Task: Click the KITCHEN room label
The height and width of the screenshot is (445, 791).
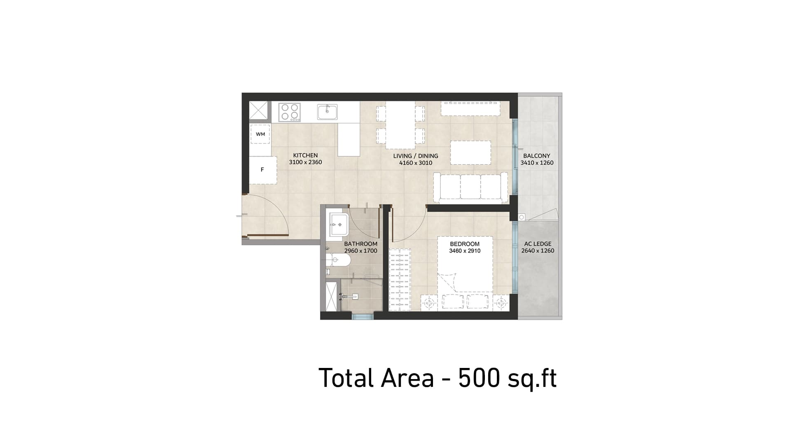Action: pos(305,155)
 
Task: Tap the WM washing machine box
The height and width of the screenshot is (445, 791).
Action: pos(260,134)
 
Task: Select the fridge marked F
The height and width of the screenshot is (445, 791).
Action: pos(262,169)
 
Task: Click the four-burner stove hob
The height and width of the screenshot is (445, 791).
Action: pos(289,112)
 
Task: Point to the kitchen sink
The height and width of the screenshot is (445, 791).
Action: pos(328,112)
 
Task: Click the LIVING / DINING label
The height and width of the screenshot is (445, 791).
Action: pos(415,156)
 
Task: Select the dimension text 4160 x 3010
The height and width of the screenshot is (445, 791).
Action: pos(415,163)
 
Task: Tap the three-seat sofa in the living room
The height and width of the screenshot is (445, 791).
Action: pos(470,187)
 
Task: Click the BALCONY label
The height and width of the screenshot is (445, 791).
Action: pos(536,156)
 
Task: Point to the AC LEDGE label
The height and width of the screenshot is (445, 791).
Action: pos(538,244)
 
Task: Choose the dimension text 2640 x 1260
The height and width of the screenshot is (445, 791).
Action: pos(538,251)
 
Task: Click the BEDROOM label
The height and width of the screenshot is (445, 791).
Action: pos(465,244)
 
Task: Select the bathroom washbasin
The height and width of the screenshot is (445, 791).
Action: pos(338,225)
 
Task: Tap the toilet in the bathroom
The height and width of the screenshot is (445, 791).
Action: pos(338,260)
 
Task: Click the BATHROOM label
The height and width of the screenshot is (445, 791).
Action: pos(360,244)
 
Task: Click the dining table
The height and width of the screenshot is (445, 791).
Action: pos(400,125)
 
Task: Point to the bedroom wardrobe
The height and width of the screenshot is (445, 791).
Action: pos(400,279)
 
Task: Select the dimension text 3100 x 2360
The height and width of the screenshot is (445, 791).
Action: pos(305,162)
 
